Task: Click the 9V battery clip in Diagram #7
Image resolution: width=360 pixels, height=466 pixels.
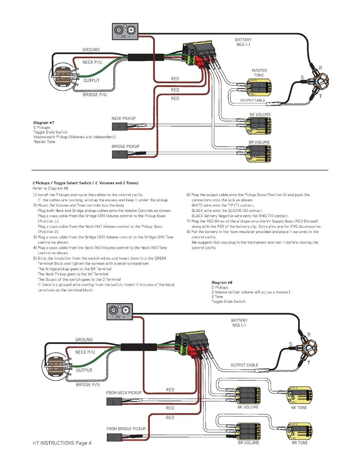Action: [125, 31]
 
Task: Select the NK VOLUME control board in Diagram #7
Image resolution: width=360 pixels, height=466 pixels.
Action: [259, 126]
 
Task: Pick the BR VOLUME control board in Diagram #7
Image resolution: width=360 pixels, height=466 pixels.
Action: [259, 154]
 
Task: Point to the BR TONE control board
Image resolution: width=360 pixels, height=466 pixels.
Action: [299, 431]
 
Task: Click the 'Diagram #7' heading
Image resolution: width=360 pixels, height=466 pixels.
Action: [44, 123]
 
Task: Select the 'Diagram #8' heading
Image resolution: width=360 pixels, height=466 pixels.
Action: [222, 283]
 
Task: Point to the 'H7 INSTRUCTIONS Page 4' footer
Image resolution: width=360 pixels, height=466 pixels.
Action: [61, 443]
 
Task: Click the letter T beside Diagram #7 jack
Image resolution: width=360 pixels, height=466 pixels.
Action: [321, 96]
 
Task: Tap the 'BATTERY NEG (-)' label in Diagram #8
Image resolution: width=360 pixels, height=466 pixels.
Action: [239, 323]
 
